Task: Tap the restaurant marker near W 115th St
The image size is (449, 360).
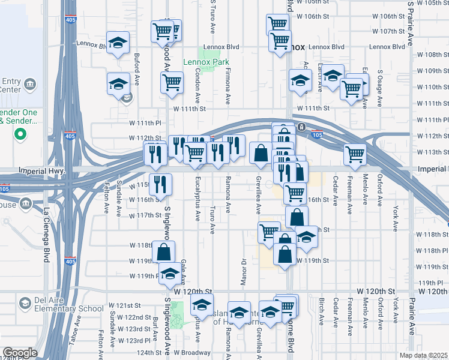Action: click(x=160, y=185)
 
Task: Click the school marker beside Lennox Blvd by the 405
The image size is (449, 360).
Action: click(x=118, y=43)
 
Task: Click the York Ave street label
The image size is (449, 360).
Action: click(x=395, y=212)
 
